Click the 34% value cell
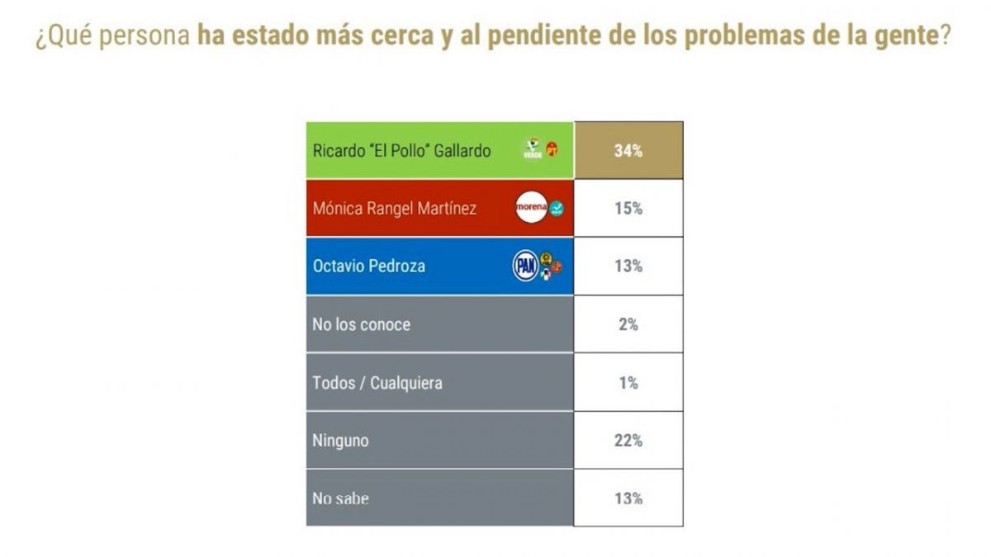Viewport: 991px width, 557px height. (x=628, y=151)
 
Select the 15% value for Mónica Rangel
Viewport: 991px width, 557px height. (x=628, y=209)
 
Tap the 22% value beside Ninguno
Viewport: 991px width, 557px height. (x=628, y=441)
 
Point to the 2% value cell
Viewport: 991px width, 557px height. (x=628, y=324)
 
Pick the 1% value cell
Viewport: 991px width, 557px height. (x=628, y=383)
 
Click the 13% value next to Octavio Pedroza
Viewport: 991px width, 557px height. (x=628, y=267)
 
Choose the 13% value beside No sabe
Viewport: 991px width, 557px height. (x=628, y=498)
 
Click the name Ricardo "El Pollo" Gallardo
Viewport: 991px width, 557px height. (x=401, y=151)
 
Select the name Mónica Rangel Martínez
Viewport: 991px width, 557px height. (x=394, y=209)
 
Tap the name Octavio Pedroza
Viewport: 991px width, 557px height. (x=369, y=267)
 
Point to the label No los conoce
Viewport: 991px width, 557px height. (x=361, y=324)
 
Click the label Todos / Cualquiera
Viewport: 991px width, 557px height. (x=377, y=383)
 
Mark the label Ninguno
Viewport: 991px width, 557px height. (x=340, y=441)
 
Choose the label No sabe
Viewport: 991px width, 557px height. (x=340, y=498)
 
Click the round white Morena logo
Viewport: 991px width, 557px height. (x=531, y=209)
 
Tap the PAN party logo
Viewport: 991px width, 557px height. (x=524, y=267)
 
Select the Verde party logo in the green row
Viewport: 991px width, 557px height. (x=533, y=149)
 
